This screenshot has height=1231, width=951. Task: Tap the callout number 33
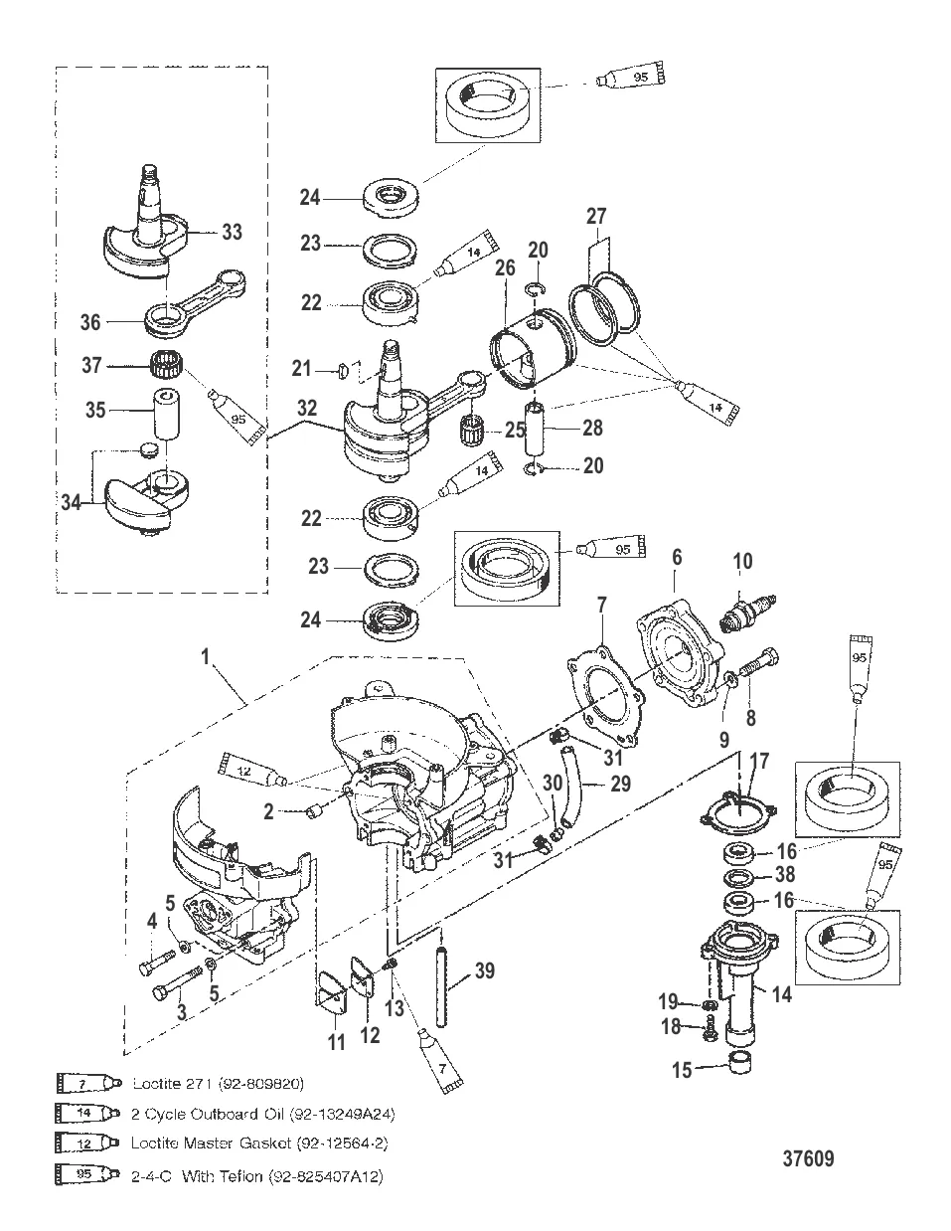point(232,232)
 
